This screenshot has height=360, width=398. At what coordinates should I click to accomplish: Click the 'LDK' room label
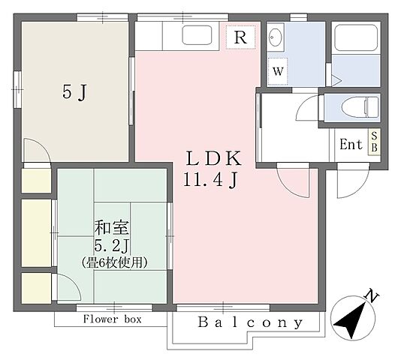pyautogui.click(x=213, y=159)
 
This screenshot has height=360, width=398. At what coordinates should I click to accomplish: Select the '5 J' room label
pyautogui.click(x=74, y=94)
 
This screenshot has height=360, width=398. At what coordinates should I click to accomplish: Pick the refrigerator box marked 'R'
pyautogui.click(x=242, y=37)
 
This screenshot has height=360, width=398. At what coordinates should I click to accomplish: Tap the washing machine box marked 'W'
pyautogui.click(x=278, y=72)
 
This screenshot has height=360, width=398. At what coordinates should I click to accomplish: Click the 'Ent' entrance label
pyautogui.click(x=351, y=145)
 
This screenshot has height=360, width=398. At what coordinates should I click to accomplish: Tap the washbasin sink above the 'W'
pyautogui.click(x=275, y=37)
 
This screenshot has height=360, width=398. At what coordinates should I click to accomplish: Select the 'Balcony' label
pyautogui.click(x=251, y=324)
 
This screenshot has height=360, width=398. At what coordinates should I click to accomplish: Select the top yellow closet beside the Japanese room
pyautogui.click(x=32, y=181)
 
